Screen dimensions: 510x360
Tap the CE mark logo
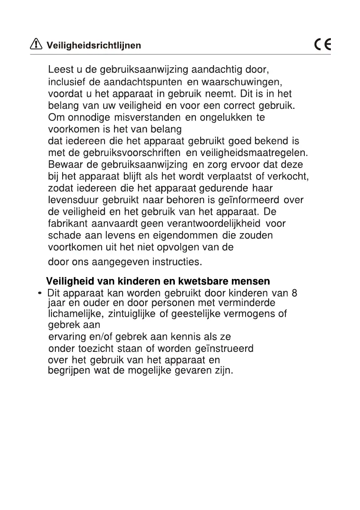pyautogui.click(x=322, y=45)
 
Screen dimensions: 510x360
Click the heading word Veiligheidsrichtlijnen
pyautogui.click(x=93, y=45)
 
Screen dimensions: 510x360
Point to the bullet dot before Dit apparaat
pyautogui.click(x=40, y=294)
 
